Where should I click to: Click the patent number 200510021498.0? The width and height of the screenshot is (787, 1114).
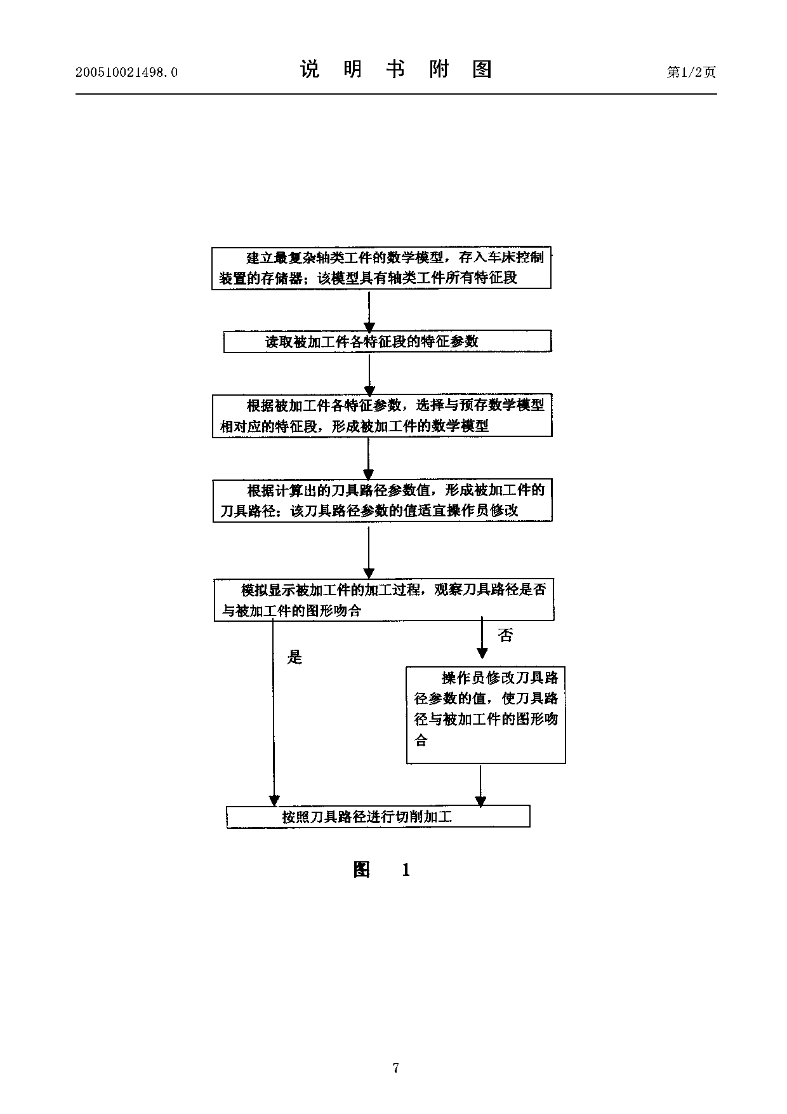coord(126,72)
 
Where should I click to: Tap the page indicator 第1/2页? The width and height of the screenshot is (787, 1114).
coord(691,72)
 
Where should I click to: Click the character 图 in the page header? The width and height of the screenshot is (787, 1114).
coord(482,69)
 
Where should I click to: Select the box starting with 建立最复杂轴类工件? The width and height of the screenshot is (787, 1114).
coord(381,268)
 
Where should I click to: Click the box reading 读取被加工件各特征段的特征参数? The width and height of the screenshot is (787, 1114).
coord(387,342)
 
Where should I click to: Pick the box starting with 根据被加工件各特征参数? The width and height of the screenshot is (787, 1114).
coord(382,415)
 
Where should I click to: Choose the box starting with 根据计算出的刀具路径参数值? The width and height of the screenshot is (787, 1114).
coord(382,500)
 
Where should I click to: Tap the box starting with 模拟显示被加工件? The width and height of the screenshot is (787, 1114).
coord(384,600)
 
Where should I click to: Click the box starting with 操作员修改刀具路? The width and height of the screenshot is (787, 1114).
coord(486,715)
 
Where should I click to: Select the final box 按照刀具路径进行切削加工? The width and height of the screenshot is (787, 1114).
coord(378,817)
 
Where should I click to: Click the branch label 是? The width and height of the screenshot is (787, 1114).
coord(294,657)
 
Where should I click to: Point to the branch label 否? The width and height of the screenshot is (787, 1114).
coord(505,635)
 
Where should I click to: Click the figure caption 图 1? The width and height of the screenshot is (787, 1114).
coord(381,869)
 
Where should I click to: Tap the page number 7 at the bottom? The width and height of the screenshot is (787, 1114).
coord(395,1068)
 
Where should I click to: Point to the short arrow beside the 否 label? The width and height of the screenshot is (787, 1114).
coord(482,638)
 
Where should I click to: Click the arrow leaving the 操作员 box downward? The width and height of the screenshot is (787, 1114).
coord(480,785)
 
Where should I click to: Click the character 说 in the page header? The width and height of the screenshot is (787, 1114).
coord(310,69)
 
